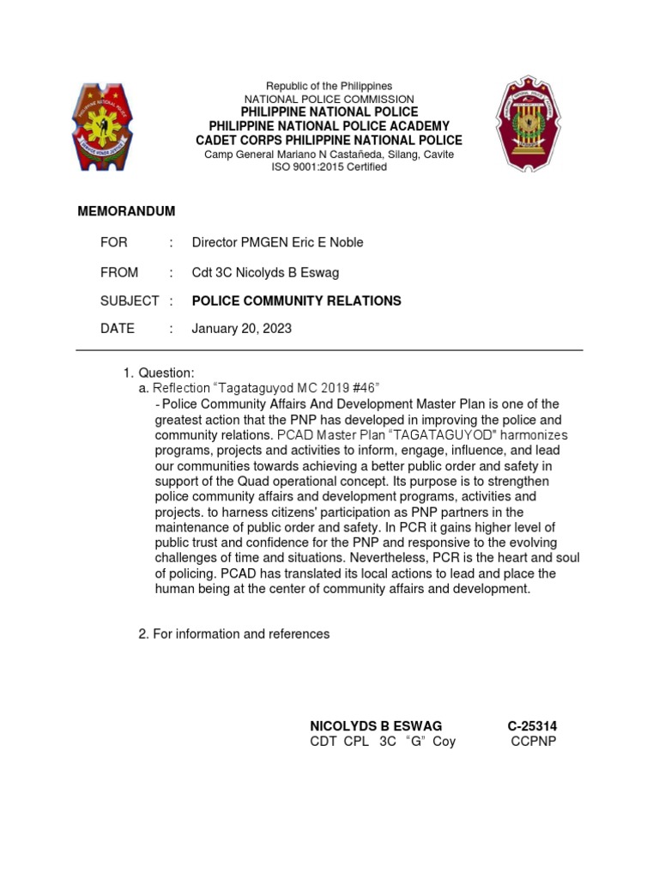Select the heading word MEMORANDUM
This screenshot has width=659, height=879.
click(x=126, y=211)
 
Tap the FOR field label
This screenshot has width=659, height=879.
click(x=113, y=243)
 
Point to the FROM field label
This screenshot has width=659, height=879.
click(x=119, y=272)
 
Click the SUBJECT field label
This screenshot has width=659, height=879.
click(x=130, y=300)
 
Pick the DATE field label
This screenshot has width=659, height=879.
click(x=118, y=329)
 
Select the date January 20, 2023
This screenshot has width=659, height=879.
click(x=241, y=329)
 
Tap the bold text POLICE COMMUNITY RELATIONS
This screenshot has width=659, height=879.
click(x=296, y=300)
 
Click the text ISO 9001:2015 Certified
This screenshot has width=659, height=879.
click(x=329, y=167)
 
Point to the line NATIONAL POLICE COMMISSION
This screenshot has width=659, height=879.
click(x=329, y=100)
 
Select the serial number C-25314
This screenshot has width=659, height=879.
click(x=532, y=726)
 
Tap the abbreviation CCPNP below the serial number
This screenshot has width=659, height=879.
click(x=534, y=742)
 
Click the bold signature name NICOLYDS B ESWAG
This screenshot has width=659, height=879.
click(x=376, y=726)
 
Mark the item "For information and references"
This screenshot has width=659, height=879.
click(x=240, y=633)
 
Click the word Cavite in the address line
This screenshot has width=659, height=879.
click(x=436, y=155)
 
